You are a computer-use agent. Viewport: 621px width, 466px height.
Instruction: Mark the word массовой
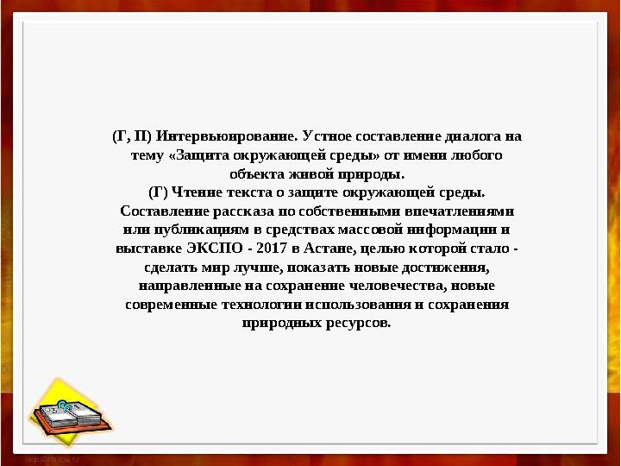[x=371, y=230]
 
